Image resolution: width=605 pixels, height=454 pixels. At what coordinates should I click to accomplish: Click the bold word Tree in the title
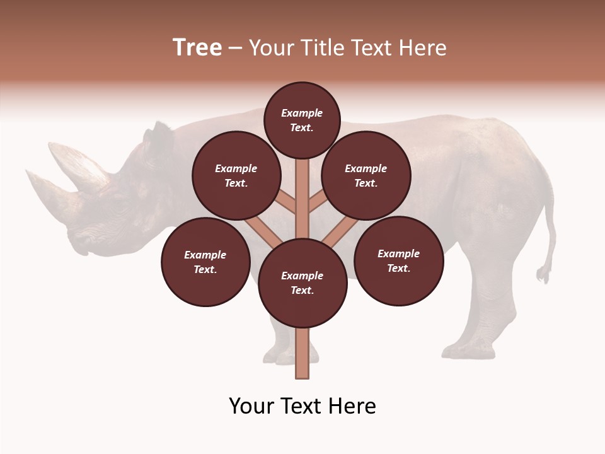click(x=197, y=48)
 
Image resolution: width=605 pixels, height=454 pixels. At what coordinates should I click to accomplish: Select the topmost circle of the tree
click(x=302, y=120)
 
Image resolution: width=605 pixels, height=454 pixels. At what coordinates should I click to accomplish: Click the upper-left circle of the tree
click(x=236, y=176)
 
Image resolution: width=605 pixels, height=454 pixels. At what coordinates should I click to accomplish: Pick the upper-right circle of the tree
click(x=366, y=176)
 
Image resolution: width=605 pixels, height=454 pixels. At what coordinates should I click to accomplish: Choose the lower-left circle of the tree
click(x=205, y=262)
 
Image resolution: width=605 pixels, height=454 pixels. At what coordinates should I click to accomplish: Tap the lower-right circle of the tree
click(x=398, y=260)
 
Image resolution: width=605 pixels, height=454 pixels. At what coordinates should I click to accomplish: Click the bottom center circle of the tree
click(x=302, y=283)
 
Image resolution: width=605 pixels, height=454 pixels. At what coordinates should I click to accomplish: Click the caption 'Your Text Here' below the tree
click(x=302, y=406)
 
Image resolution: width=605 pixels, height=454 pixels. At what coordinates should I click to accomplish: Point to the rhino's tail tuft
click(x=543, y=274)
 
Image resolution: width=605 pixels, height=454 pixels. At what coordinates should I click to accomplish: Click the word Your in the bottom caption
click(x=250, y=406)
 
